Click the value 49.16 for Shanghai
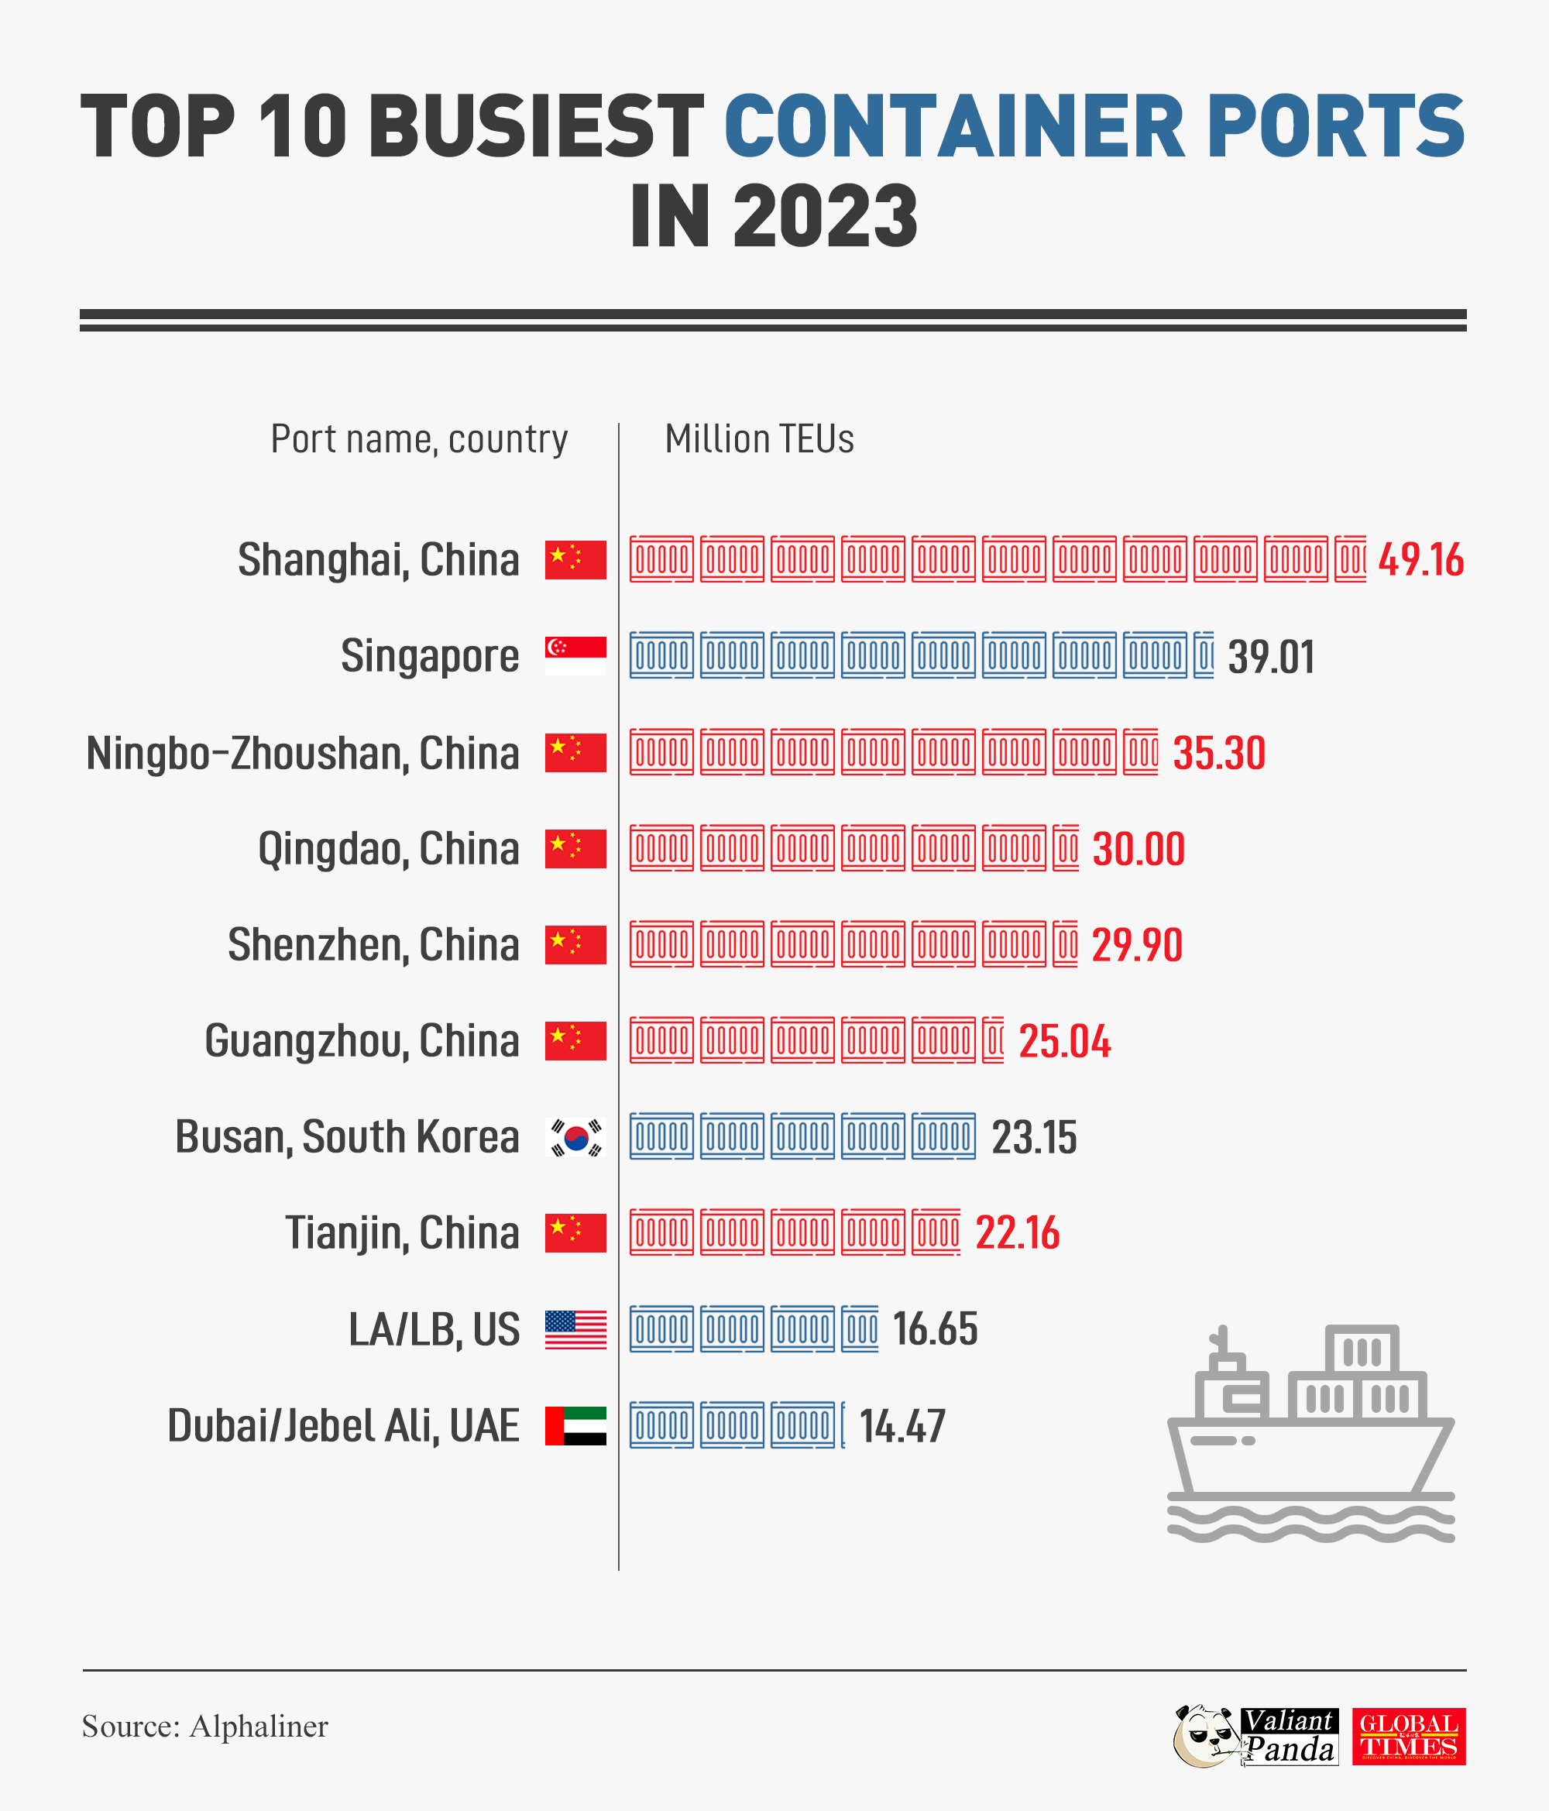coord(1420,560)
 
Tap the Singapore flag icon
coord(575,655)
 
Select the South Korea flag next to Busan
coord(575,1137)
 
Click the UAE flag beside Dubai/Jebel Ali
coord(575,1425)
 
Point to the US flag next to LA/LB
coord(575,1329)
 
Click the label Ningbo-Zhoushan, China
coord(303,754)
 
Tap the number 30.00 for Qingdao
coord(1139,850)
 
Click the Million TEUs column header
coord(759,438)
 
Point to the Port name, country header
coord(419,438)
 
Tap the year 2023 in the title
coord(825,217)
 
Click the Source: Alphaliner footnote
coord(204,1727)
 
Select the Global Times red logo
coord(1408,1736)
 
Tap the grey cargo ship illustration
coord(1310,1434)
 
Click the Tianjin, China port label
coord(402,1233)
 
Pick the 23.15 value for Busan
coord(1034,1138)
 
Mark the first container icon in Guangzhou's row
coord(661,1040)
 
